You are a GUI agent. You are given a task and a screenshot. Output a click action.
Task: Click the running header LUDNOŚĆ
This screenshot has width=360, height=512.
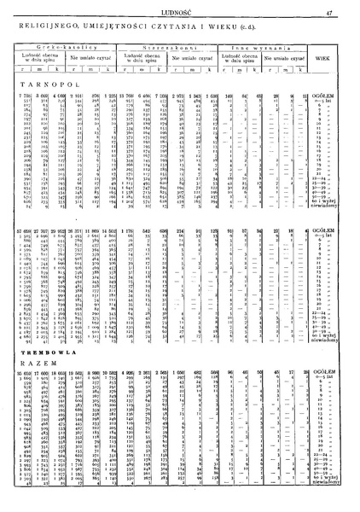[181, 11]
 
